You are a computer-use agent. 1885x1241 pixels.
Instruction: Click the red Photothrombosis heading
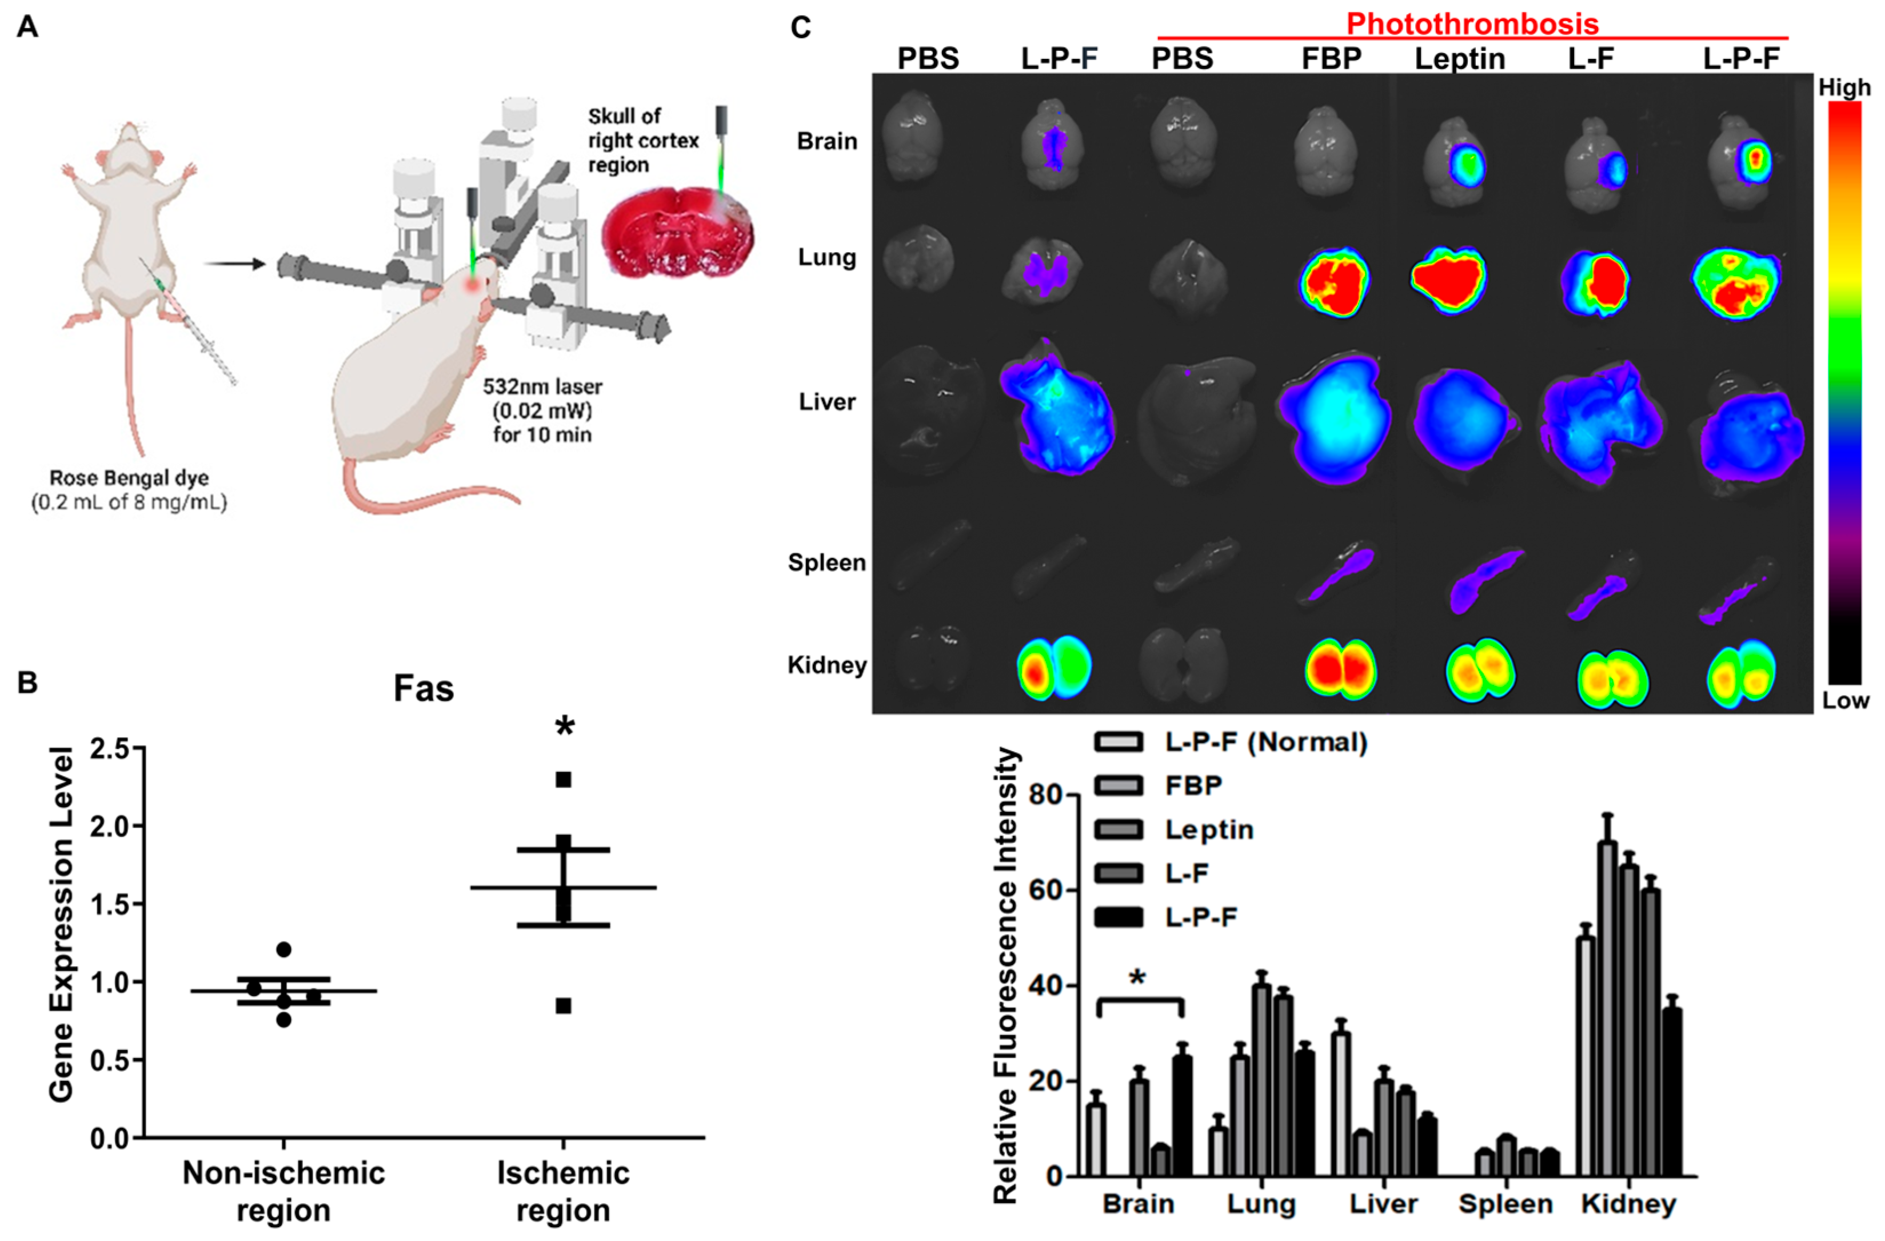tap(1472, 24)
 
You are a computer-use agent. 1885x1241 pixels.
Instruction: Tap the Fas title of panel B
tap(424, 689)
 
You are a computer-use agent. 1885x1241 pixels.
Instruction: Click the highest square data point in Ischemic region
tap(563, 780)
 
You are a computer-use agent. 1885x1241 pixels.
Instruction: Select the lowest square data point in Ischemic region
tap(563, 1007)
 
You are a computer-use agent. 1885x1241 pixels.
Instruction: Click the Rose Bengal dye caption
tap(129, 478)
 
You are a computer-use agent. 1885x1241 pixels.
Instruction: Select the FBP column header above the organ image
tap(1331, 59)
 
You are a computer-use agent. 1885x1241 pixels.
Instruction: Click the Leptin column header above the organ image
tap(1460, 59)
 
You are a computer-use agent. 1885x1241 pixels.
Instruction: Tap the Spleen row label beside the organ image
tap(826, 562)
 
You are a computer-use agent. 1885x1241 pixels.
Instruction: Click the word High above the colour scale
tap(1844, 87)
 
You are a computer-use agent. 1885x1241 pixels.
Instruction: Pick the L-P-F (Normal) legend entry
tap(1265, 742)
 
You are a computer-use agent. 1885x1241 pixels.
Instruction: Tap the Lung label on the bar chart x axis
tap(1261, 1204)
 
